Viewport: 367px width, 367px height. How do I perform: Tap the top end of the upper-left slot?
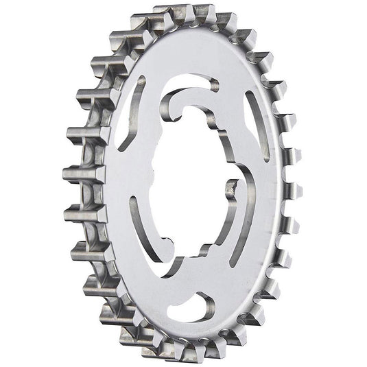(x=141, y=81)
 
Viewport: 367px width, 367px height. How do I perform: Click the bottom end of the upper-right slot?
(x=265, y=158)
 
